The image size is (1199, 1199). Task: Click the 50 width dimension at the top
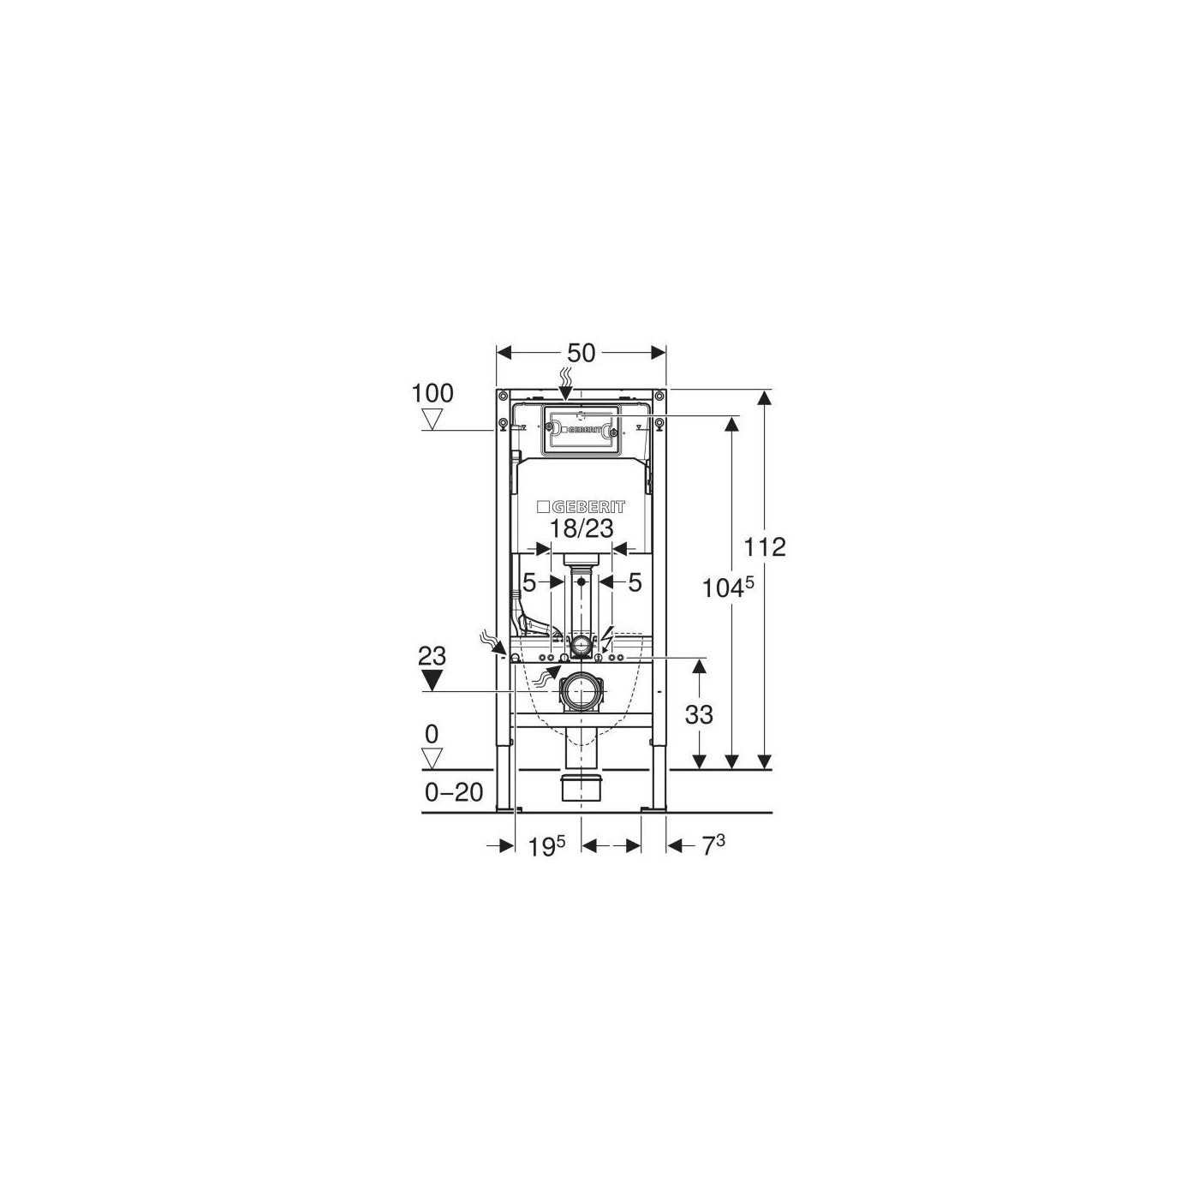[x=582, y=354]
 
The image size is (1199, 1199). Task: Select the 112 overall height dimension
[x=766, y=547]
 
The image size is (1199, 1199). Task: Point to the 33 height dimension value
[x=699, y=715]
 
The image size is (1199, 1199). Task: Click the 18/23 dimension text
[x=582, y=528]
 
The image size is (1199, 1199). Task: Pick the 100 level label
[x=433, y=393]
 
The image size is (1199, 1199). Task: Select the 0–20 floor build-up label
[x=454, y=792]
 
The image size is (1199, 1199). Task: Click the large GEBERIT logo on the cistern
[x=582, y=506]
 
